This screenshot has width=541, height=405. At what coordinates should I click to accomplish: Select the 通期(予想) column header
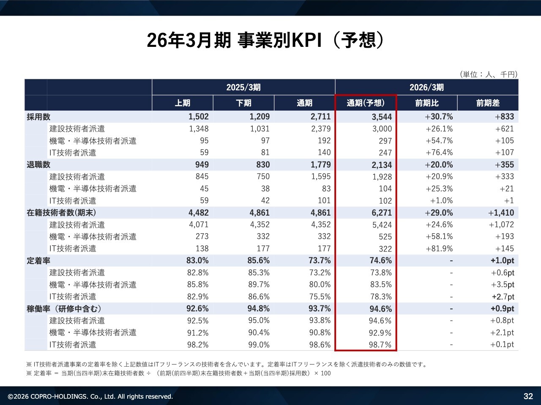pos(366,103)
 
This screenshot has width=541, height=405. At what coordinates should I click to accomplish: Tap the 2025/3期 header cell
pos(243,87)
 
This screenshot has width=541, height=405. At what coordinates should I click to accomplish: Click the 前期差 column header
pos(488,103)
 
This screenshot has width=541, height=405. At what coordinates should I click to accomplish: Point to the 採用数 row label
pos(38,117)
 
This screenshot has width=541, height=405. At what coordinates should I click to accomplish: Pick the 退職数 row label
pos(38,165)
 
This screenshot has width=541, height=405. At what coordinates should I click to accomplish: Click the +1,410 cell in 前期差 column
pos(501,213)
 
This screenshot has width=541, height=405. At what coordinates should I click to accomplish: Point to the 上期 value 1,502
pos(199,117)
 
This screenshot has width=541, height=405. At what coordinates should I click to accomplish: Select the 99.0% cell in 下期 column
pos(259,345)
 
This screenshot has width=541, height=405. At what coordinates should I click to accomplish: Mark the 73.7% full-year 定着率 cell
pos(320,261)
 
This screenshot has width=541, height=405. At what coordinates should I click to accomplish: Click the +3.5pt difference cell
pos(503,285)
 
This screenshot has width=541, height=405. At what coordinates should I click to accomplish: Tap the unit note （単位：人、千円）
pos(489,74)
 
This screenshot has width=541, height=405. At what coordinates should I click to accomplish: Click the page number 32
pos(528,396)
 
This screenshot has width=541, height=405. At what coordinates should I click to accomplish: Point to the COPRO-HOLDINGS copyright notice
pos(90,397)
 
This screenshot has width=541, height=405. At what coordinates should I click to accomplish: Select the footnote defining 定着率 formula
pos(178,373)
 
